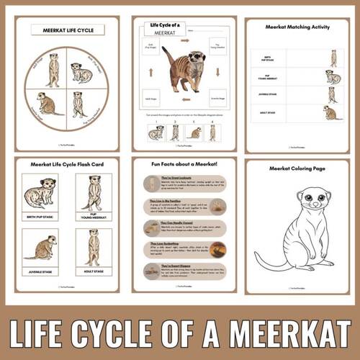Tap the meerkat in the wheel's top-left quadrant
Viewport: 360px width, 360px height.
pos(50,71)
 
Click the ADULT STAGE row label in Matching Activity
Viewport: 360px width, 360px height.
pos(262,113)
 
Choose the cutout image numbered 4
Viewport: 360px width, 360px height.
pos(212,132)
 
